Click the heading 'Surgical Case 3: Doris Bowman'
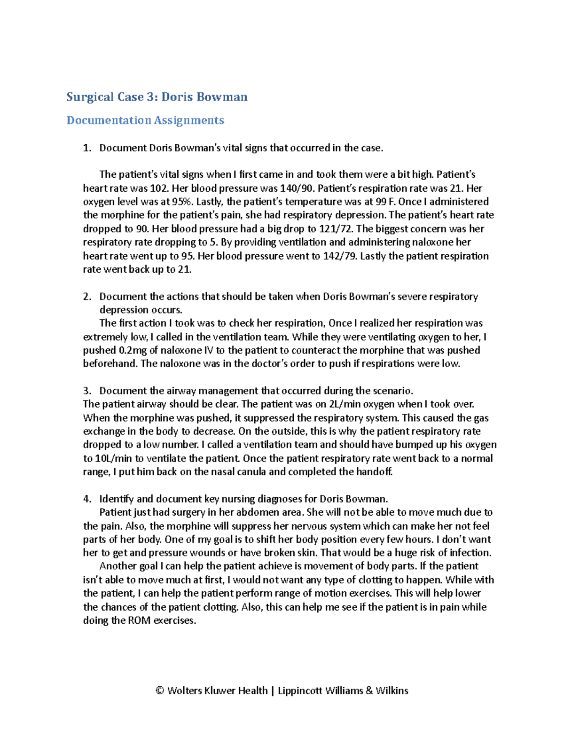click(157, 97)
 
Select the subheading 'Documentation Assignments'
click(145, 120)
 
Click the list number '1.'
click(86, 148)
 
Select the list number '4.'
click(86, 499)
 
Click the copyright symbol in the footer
click(160, 691)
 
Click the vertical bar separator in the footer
click(273, 691)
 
